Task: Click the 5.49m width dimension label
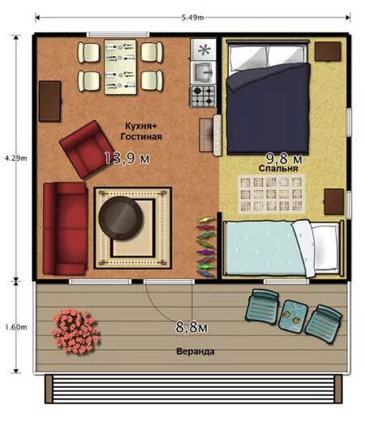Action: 192,17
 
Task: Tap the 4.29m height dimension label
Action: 16,158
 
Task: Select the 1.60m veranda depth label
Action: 16,327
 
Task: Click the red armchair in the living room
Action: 87,149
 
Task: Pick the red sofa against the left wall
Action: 65,228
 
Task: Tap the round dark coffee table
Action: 121,218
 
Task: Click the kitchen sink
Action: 203,72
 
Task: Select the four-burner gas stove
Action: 203,96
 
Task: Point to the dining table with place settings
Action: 120,67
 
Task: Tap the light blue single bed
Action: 282,248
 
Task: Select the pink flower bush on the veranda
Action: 76,331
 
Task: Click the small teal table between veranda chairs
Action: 293,315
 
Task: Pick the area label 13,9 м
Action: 127,158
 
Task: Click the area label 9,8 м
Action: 284,158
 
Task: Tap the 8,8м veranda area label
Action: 191,327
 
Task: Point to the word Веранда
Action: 195,352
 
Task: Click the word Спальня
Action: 278,168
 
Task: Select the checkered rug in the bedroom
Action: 271,194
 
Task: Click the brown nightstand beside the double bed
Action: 328,51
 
